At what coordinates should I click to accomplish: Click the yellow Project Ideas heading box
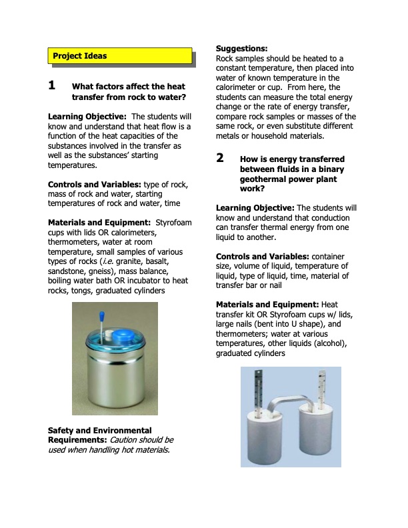click(x=120, y=56)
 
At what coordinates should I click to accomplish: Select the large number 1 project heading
click(x=52, y=86)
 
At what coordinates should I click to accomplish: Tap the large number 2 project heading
click(x=220, y=159)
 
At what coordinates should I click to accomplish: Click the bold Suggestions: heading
click(x=242, y=49)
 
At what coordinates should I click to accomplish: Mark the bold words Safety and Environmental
click(x=100, y=430)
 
